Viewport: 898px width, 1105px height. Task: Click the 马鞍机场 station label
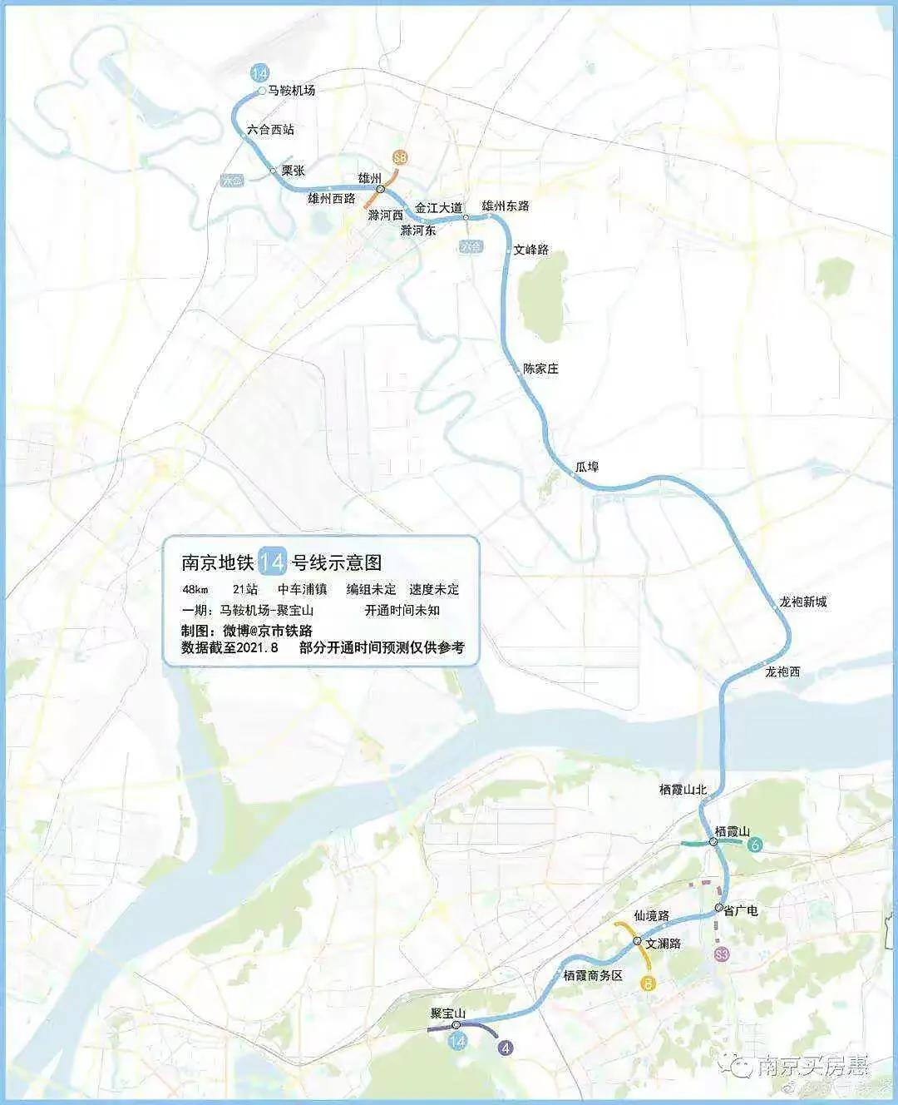292,91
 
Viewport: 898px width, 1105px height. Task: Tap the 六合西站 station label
270,130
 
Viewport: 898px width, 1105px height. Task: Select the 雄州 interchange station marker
380,190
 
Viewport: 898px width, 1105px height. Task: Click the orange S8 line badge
402,156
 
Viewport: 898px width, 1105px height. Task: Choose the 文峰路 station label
531,250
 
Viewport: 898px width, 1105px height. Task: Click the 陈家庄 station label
540,368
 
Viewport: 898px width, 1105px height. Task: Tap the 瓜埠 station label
587,467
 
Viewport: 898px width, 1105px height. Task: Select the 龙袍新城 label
802,602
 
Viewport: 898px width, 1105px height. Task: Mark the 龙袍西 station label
782,671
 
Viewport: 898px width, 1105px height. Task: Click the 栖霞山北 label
683,790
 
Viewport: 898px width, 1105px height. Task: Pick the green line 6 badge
755,846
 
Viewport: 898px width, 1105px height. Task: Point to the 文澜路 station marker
637,942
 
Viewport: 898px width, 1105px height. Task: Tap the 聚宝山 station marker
456,1025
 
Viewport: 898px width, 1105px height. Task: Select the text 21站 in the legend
245,589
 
